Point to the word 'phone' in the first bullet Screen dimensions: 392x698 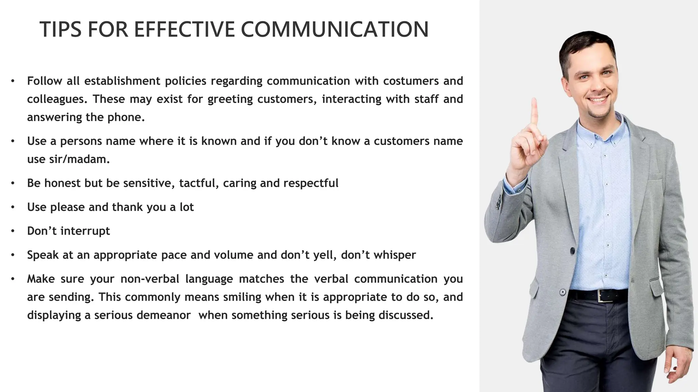coord(126,117)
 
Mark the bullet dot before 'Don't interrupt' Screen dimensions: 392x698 coord(13,231)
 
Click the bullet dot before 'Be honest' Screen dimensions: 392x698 coord(13,183)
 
